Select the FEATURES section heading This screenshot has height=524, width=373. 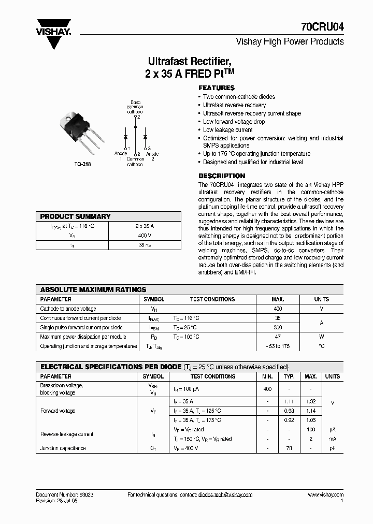(x=217, y=88)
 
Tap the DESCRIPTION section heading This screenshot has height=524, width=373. (x=222, y=176)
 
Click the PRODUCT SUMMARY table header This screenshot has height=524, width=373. (x=75, y=216)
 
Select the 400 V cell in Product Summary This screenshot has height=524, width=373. (x=145, y=235)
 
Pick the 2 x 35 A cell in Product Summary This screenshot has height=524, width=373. (x=145, y=226)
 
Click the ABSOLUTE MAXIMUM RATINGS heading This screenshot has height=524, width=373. (x=93, y=289)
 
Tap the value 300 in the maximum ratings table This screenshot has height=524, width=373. (x=278, y=327)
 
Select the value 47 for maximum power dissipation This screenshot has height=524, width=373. (x=278, y=337)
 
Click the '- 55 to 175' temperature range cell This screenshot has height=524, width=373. (x=278, y=346)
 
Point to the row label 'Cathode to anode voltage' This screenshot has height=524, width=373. (x=68, y=309)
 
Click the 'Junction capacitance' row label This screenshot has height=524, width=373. (x=63, y=448)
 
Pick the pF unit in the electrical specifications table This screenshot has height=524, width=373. (x=333, y=448)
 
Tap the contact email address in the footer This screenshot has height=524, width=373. (x=225, y=495)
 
